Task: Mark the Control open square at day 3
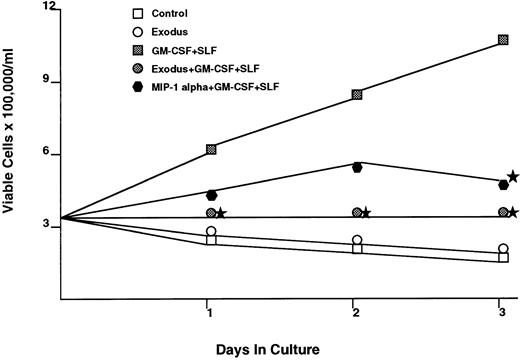[x=503, y=258]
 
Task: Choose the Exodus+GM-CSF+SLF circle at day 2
[x=357, y=213]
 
